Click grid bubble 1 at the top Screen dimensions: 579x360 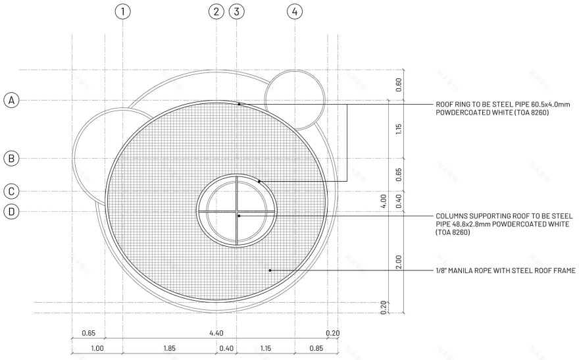[122, 11]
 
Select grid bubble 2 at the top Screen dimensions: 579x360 [216, 11]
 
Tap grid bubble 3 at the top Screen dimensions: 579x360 [237, 11]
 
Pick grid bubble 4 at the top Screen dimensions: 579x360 [295, 11]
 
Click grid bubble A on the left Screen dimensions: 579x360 [11, 100]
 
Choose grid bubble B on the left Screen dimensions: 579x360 [11, 159]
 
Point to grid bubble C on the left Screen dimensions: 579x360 [11, 192]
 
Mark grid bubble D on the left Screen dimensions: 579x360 [11, 211]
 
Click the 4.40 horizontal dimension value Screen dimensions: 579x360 [216, 333]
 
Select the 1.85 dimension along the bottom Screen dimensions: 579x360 [169, 348]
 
